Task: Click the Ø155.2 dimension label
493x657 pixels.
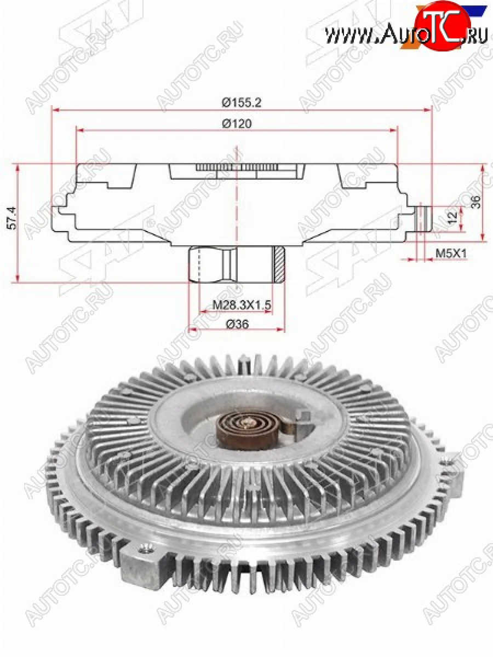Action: tap(237, 102)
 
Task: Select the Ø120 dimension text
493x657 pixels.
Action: tap(237, 124)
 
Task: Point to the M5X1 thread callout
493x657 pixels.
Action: tap(450, 253)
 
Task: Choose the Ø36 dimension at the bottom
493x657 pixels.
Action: tap(237, 324)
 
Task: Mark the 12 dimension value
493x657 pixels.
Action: tap(452, 217)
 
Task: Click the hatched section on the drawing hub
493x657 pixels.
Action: tap(279, 264)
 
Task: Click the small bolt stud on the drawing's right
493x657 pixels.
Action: tap(422, 218)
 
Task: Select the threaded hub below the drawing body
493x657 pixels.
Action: tap(236, 264)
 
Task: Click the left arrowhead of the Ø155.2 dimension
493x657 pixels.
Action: tap(53, 109)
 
